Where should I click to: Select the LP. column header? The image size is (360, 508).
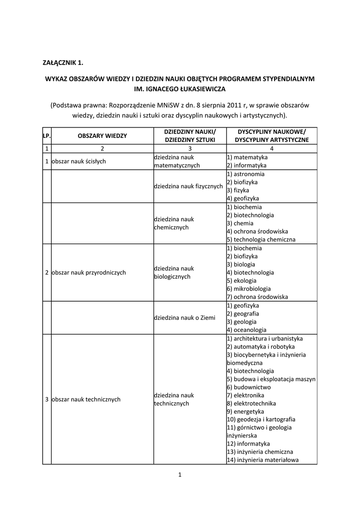(47, 135)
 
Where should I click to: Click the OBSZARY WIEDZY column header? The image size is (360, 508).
(102, 135)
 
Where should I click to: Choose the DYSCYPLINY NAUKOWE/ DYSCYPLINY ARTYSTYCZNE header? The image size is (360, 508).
(272, 135)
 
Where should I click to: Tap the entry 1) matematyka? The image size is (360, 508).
(247, 157)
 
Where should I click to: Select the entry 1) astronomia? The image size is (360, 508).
(246, 174)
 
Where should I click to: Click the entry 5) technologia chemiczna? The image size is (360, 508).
(261, 239)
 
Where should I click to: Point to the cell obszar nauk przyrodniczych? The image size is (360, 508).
(88, 272)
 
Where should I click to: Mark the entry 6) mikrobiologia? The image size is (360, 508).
(249, 288)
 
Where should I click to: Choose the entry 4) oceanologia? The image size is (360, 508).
(246, 329)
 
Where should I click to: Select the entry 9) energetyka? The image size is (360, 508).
(245, 411)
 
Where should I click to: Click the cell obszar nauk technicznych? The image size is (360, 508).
(86, 399)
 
